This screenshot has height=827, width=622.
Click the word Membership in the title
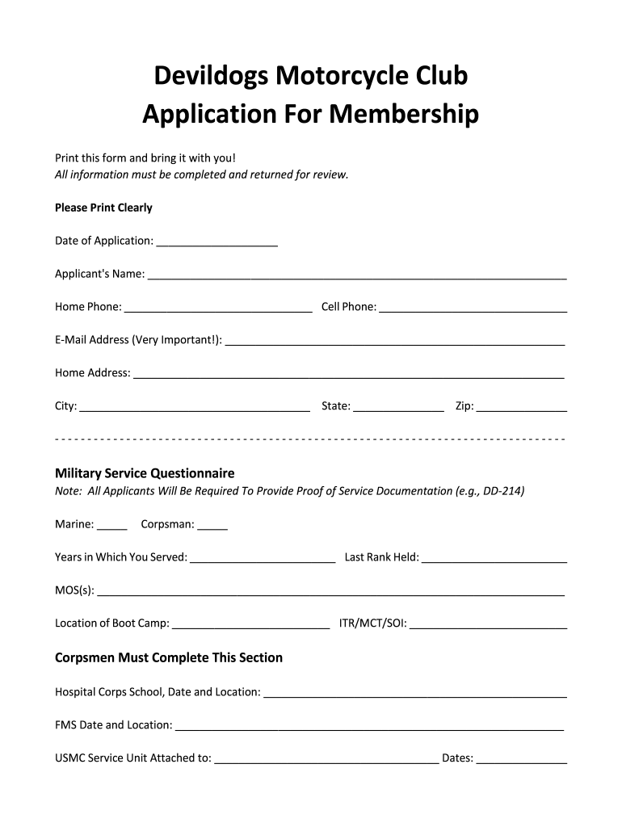[x=404, y=115]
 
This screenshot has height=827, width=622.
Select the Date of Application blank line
[x=216, y=242]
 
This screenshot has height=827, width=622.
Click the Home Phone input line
[x=218, y=309]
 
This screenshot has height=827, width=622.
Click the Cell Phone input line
[x=473, y=309]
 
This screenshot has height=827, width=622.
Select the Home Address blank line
[x=348, y=375]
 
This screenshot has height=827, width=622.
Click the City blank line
[x=195, y=408]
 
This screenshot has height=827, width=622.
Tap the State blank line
[x=398, y=408]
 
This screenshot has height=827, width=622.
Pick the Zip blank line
[x=522, y=408]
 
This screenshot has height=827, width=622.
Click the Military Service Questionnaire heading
[x=145, y=473]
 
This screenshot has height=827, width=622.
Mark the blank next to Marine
[x=112, y=527]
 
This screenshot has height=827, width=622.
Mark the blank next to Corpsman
[x=212, y=527]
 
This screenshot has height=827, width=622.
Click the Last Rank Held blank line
[x=494, y=559]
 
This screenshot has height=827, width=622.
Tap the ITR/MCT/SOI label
[x=373, y=623]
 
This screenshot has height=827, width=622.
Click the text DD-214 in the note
[x=502, y=491]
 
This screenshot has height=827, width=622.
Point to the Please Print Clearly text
[x=103, y=208]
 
